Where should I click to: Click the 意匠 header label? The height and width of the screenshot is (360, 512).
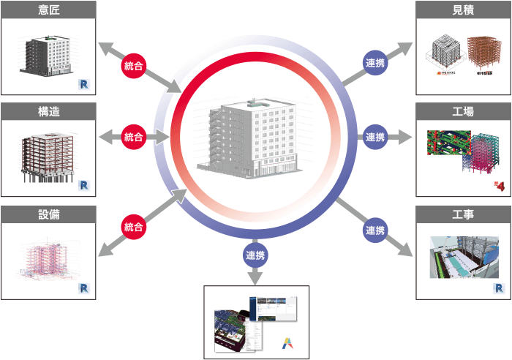tap(48, 10)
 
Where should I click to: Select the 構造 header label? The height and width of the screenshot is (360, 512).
tap(48, 111)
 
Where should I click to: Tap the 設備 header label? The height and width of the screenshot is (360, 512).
tap(48, 214)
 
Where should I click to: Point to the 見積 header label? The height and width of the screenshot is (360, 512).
tap(463, 10)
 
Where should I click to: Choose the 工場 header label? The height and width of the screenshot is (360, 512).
tap(463, 111)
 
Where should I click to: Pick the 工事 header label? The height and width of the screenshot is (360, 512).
tap(463, 214)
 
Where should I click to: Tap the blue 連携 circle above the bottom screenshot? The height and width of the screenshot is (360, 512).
tap(256, 256)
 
